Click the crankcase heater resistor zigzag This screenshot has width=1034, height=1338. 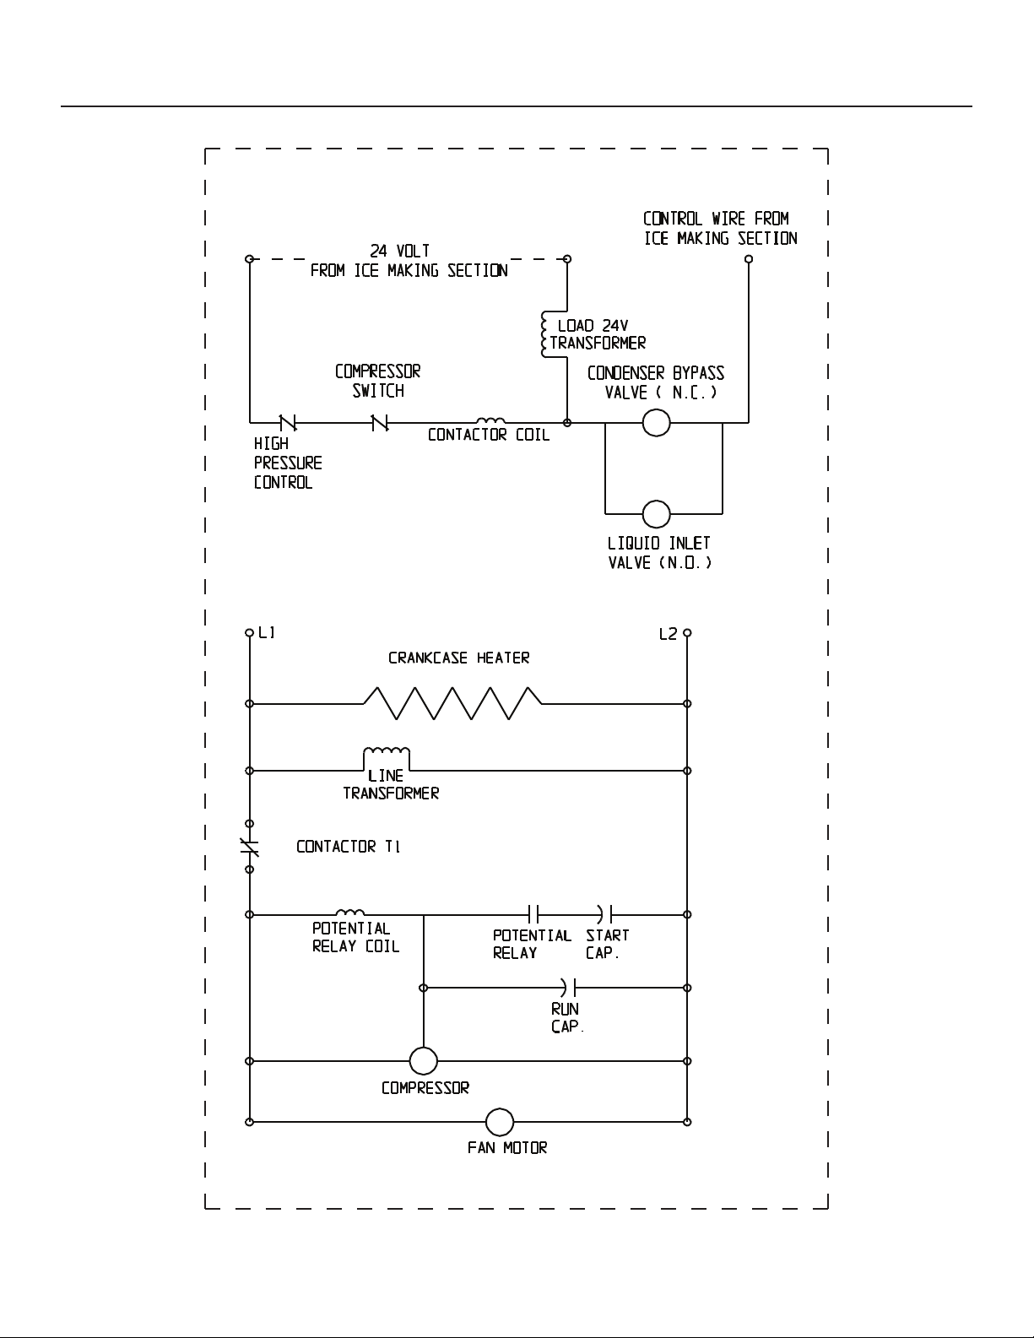pyautogui.click(x=452, y=703)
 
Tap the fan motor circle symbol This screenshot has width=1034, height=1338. pyautogui.click(x=499, y=1122)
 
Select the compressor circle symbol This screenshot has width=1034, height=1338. pyautogui.click(x=424, y=1061)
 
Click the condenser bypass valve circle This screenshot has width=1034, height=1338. pyautogui.click(x=656, y=423)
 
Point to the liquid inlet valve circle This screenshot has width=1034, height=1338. pyautogui.click(x=656, y=513)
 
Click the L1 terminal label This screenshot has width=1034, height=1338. pyautogui.click(x=267, y=632)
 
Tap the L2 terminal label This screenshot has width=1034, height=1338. pyautogui.click(x=668, y=634)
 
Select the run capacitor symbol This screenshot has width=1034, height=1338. pyautogui.click(x=568, y=988)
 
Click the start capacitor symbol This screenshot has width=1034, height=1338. pyautogui.click(x=604, y=914)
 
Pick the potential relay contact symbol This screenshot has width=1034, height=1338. pyautogui.click(x=533, y=914)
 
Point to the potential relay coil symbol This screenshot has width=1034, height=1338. pyautogui.click(x=349, y=912)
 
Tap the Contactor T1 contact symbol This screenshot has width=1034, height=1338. pyautogui.click(x=249, y=847)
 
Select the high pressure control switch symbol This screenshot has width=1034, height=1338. pyautogui.click(x=288, y=422)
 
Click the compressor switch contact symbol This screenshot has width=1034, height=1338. pyautogui.click(x=380, y=422)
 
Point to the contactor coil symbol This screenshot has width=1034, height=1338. pyautogui.click(x=490, y=420)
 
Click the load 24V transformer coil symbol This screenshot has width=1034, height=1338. pyautogui.click(x=545, y=334)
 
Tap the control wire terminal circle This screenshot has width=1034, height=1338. pyautogui.click(x=749, y=259)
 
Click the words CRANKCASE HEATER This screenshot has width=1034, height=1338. pyautogui.click(x=458, y=658)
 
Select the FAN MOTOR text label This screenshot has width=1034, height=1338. pyautogui.click(x=507, y=1148)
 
